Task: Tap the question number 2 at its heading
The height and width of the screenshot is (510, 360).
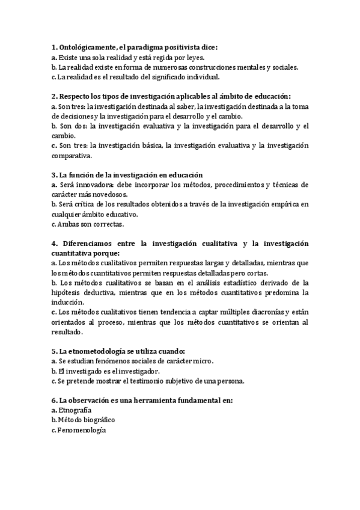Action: point(54,96)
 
